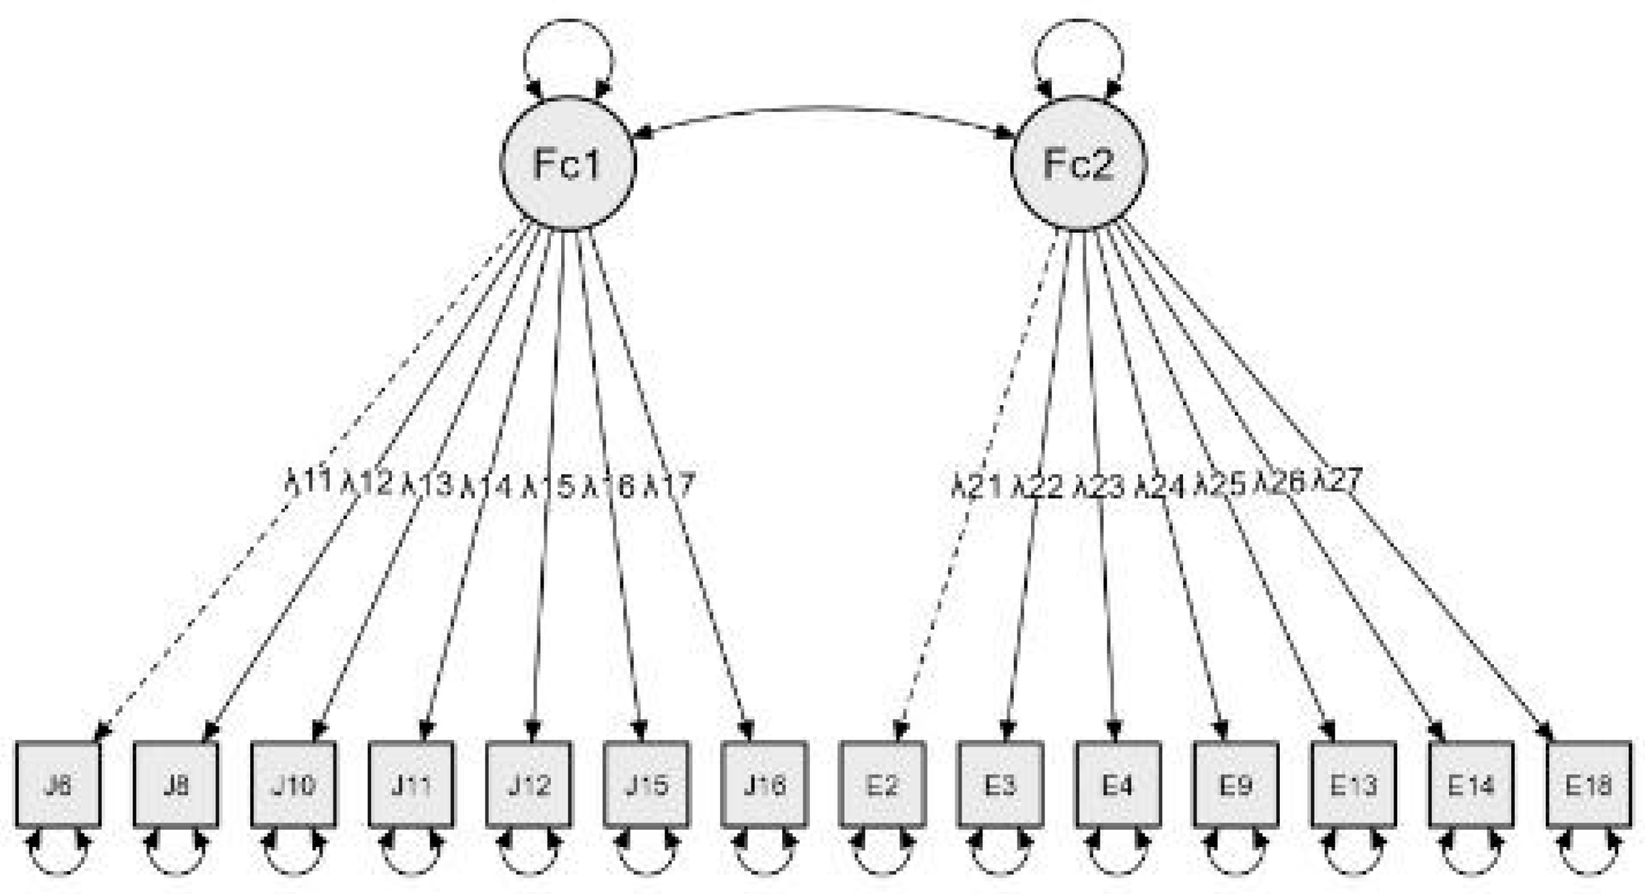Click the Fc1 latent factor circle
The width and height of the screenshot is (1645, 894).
click(x=568, y=163)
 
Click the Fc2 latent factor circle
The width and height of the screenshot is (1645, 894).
click(x=1078, y=163)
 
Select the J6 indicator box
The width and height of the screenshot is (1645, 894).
click(x=58, y=784)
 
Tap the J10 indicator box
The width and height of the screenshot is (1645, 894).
click(x=293, y=784)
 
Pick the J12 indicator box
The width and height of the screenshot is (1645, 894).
click(x=529, y=784)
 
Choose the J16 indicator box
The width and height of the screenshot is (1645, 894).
click(x=764, y=784)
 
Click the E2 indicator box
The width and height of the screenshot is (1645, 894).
click(x=882, y=784)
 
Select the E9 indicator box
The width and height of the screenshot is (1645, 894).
click(x=1235, y=784)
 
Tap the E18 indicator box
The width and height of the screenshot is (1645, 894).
click(x=1589, y=784)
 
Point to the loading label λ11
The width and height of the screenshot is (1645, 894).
click(x=308, y=482)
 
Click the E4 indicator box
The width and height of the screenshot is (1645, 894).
click(x=1118, y=784)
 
